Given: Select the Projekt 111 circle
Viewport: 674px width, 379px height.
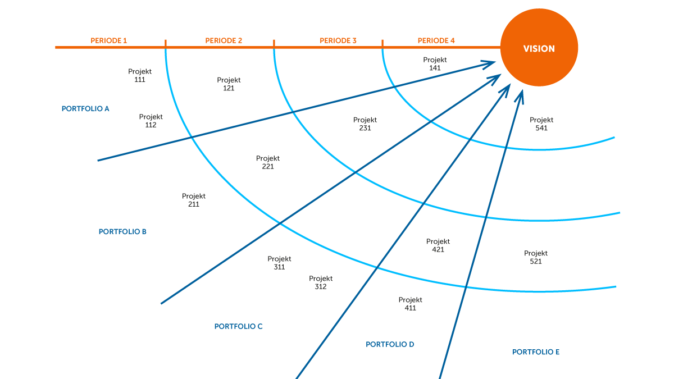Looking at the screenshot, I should [x=140, y=75].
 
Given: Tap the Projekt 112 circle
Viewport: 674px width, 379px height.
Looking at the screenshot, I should [x=151, y=120].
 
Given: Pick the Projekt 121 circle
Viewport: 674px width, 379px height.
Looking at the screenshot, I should [x=229, y=84].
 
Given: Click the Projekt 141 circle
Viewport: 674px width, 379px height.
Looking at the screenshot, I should [x=435, y=63].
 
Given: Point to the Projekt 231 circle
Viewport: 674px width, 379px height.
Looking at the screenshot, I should [x=365, y=124].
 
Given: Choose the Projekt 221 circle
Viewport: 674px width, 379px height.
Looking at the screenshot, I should [x=268, y=162].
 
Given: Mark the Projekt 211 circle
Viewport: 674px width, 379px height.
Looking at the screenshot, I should [x=194, y=200].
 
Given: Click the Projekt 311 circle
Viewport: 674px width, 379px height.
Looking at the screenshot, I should [x=279, y=262].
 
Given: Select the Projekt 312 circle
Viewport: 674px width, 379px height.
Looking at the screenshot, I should [x=321, y=282].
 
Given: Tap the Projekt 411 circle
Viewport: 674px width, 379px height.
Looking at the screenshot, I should [x=410, y=303].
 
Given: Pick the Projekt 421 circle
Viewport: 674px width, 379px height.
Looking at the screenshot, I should [x=438, y=245].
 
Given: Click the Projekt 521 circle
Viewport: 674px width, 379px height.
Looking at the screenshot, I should [x=536, y=257].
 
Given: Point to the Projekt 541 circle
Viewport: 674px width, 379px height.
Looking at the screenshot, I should [x=541, y=124].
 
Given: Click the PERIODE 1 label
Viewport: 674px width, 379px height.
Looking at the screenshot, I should [x=109, y=41].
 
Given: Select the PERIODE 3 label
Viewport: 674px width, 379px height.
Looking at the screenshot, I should [x=338, y=41].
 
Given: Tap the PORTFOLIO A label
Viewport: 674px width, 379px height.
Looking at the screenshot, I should [x=85, y=108].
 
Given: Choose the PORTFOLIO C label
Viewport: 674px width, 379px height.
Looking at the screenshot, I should [x=238, y=326].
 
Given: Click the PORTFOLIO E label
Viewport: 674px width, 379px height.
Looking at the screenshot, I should [x=536, y=352].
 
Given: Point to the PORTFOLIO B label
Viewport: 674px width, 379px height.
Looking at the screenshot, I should [x=122, y=231].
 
